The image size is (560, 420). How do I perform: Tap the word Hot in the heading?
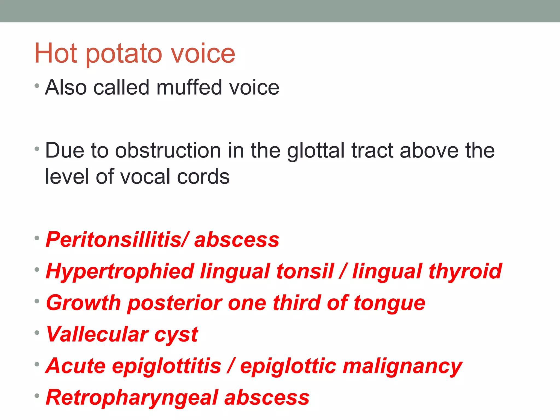tap(56, 53)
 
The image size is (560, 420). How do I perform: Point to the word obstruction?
tap(168, 151)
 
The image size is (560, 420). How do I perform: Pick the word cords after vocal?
tap(203, 177)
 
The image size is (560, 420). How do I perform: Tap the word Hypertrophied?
tap(120, 272)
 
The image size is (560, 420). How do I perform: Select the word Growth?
tap(83, 303)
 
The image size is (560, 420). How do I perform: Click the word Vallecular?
tap(97, 334)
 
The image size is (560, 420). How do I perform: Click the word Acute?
tap(76, 366)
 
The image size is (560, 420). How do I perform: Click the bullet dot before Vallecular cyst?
tap(37, 333)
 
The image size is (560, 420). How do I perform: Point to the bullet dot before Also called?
tap(37, 86)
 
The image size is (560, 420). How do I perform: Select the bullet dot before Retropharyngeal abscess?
tap(37, 396)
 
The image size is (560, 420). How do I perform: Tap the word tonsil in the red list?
tap(305, 271)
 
